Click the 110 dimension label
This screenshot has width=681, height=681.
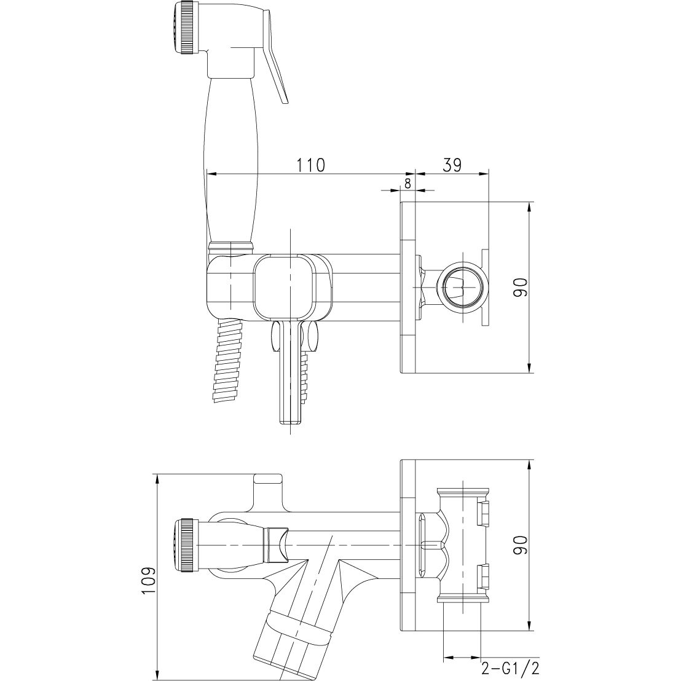pyautogui.click(x=311, y=165)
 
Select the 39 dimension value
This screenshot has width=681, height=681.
pyautogui.click(x=451, y=165)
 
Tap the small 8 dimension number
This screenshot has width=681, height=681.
pyautogui.click(x=408, y=183)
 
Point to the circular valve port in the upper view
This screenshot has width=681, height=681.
pyautogui.click(x=460, y=287)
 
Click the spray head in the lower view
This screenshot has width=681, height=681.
pyautogui.click(x=186, y=546)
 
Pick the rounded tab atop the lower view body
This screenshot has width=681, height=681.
pyautogui.click(x=268, y=479)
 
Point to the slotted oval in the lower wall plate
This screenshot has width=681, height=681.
pyautogui.click(x=428, y=545)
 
